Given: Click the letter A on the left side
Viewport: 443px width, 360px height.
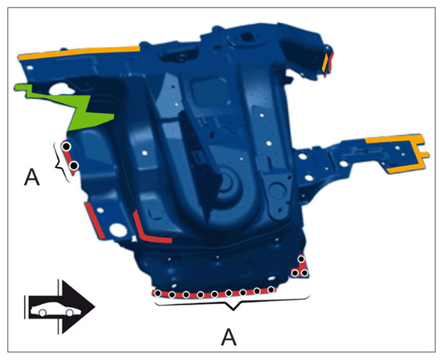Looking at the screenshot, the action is pos(32,177).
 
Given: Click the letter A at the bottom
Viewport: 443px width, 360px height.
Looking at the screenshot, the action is pos(229,337).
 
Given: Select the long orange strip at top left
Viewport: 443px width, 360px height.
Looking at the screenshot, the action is pos(79,53).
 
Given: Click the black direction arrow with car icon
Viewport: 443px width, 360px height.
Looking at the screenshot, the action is pos(60,307).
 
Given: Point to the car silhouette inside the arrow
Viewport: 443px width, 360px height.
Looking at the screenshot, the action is pos(55,309).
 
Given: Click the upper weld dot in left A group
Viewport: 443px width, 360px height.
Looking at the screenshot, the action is pos(66,147).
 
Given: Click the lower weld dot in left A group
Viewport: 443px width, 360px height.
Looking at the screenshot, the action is pos(74,165).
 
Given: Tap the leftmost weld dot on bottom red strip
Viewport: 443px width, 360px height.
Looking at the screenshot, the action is pos(158,294).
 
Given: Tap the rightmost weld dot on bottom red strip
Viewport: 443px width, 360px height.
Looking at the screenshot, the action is pos(271,289).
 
